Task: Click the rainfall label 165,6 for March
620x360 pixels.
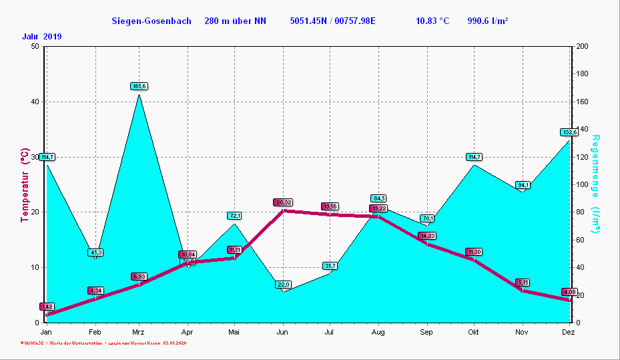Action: (x=139, y=86)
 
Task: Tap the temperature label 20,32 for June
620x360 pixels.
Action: (x=282, y=202)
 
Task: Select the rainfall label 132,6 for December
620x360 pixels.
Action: (x=569, y=132)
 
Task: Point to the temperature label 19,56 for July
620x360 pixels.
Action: (x=330, y=207)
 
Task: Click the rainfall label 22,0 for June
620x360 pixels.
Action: (x=284, y=285)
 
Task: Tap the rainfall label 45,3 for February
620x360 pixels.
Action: (x=95, y=252)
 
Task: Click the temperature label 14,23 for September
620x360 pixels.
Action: (x=427, y=236)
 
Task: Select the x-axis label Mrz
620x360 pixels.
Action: (x=138, y=332)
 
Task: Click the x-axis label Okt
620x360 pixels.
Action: (x=474, y=332)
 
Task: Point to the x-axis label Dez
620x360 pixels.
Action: (x=568, y=332)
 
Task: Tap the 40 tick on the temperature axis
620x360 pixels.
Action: (x=33, y=102)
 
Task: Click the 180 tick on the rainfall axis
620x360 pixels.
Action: (x=582, y=74)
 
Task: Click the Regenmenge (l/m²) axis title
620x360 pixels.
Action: (x=596, y=184)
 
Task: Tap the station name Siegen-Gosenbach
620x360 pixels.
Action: (x=151, y=21)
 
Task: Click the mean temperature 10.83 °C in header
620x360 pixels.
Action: (x=432, y=21)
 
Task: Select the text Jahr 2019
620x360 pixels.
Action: (x=41, y=37)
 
